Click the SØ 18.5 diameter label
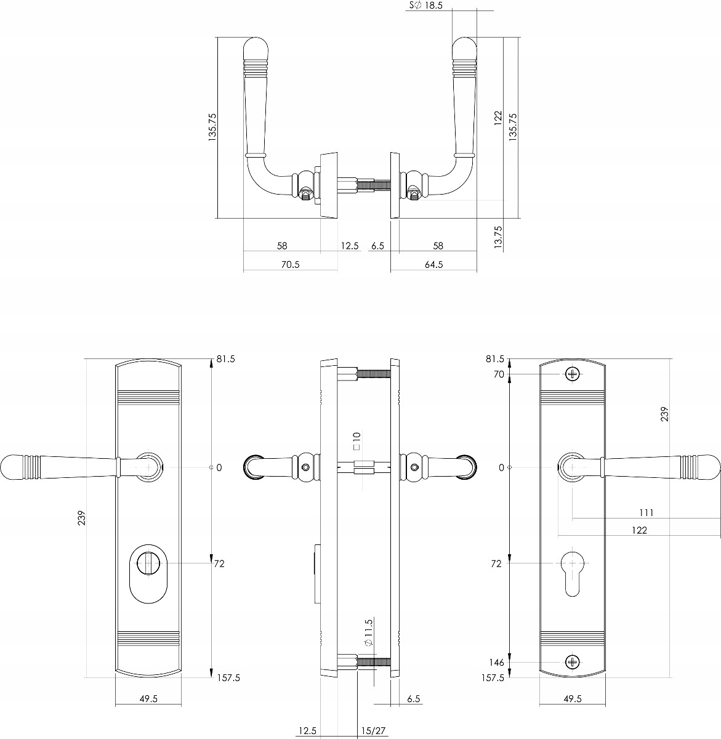pyautogui.click(x=425, y=6)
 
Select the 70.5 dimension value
pyautogui.click(x=290, y=265)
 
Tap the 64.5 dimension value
pyautogui.click(x=433, y=265)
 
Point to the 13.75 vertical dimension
pyautogui.click(x=498, y=237)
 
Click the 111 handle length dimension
pyautogui.click(x=646, y=512)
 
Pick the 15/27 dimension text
pyautogui.click(x=373, y=730)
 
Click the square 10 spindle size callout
pyautogui.click(x=356, y=441)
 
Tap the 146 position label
pyautogui.click(x=496, y=662)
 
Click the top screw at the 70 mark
pyautogui.click(x=573, y=374)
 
